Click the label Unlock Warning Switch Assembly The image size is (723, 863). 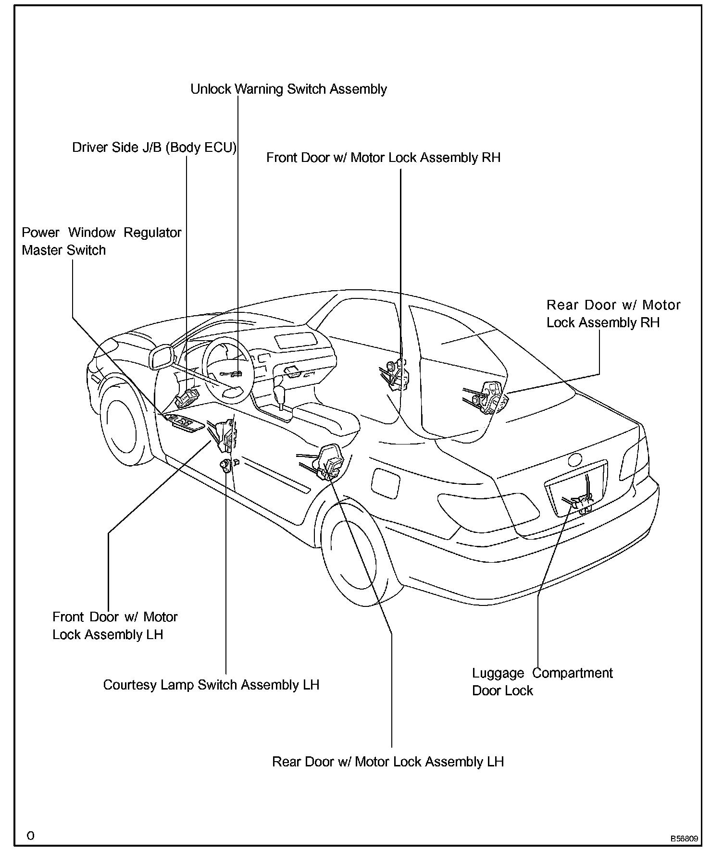pyautogui.click(x=288, y=89)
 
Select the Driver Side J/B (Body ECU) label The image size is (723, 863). pyautogui.click(x=154, y=148)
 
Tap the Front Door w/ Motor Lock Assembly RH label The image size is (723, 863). pyautogui.click(x=383, y=158)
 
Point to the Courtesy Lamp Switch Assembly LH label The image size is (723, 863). pyautogui.click(x=211, y=685)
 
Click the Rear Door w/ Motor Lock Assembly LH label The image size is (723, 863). pyautogui.click(x=387, y=762)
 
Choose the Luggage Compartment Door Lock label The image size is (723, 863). pyautogui.click(x=542, y=682)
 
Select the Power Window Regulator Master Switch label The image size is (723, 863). pyautogui.click(x=101, y=241)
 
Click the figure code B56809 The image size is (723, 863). pyautogui.click(x=685, y=838)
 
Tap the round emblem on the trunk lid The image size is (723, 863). pyautogui.click(x=574, y=460)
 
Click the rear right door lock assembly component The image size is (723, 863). pyautogui.click(x=488, y=396)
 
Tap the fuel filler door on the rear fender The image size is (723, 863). pyautogui.click(x=386, y=483)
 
